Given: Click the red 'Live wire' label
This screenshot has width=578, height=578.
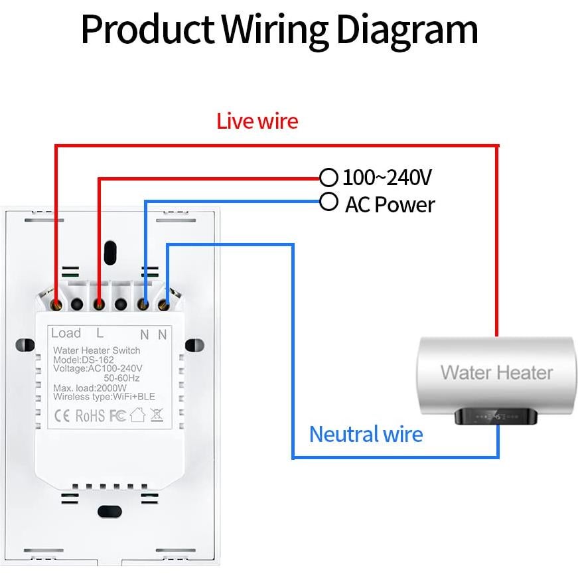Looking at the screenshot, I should click(257, 121).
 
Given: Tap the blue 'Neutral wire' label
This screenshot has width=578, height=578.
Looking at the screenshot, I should click(366, 434).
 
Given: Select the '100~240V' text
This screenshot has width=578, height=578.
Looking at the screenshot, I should click(388, 178).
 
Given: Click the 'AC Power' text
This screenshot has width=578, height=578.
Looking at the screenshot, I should click(390, 204).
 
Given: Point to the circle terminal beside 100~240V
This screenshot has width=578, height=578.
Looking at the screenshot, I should click(328, 177).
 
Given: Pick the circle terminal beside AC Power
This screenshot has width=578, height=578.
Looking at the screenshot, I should click(328, 201).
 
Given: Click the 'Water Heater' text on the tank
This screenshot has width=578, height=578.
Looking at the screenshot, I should click(496, 372).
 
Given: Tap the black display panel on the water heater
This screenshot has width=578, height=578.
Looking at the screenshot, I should click(496, 417).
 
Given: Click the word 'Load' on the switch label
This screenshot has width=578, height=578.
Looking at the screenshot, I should click(66, 333).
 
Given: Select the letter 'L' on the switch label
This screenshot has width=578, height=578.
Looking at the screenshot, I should click(100, 333).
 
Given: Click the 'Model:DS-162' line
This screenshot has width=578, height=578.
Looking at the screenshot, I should click(80, 360).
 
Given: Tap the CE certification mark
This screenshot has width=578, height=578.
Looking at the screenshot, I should click(62, 416).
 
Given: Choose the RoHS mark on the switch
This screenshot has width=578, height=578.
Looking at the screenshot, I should click(90, 416).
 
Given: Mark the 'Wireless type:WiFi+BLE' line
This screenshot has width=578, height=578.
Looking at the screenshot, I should click(104, 397).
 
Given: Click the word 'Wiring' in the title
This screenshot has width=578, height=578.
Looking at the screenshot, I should click(274, 29).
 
